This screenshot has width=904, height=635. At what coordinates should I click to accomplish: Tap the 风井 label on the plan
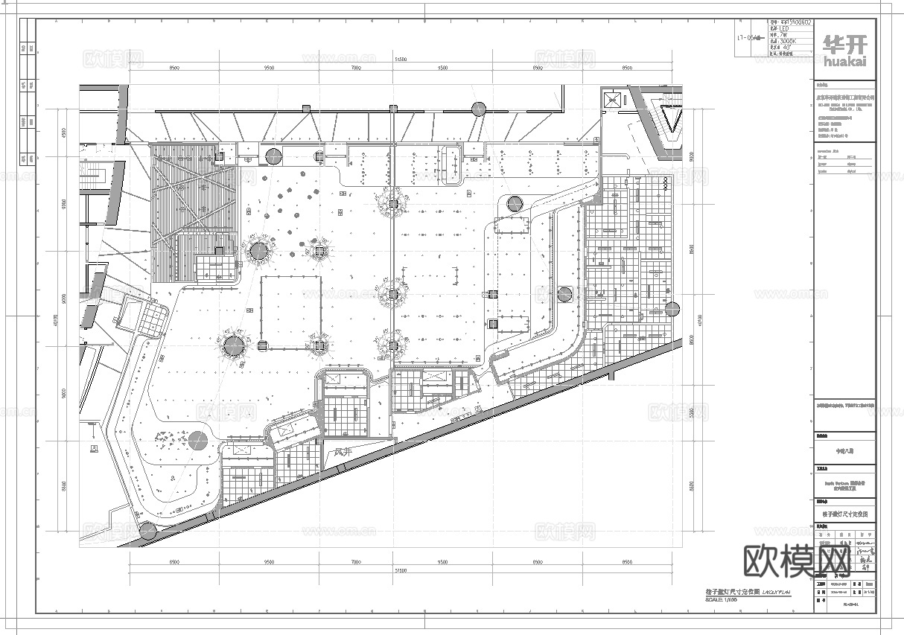click(343, 452)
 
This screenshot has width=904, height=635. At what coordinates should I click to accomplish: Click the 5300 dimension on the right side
click(691, 412)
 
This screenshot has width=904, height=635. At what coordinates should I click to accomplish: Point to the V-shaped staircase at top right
click(674, 118)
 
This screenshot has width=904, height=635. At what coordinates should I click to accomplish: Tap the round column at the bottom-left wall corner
click(147, 531)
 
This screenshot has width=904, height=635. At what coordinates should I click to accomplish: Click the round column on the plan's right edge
click(672, 308)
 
